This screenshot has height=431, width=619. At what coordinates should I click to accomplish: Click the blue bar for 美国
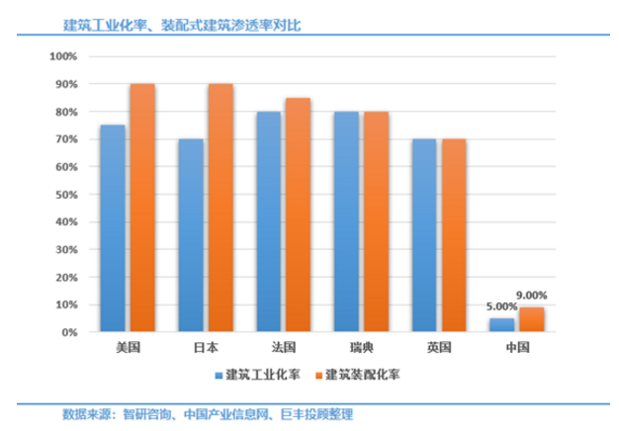(114, 228)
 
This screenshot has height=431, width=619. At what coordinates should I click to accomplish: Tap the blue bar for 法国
(269, 221)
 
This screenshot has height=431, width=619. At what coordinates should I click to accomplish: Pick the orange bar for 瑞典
(377, 221)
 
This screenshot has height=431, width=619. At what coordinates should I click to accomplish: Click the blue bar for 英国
(424, 235)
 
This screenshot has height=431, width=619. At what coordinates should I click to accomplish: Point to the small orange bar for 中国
(531, 320)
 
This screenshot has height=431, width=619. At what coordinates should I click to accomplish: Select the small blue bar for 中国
(502, 325)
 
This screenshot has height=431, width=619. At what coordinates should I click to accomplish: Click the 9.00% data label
(530, 295)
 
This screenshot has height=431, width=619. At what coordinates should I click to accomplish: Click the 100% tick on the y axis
(61, 56)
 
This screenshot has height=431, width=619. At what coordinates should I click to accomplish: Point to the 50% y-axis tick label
(64, 195)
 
